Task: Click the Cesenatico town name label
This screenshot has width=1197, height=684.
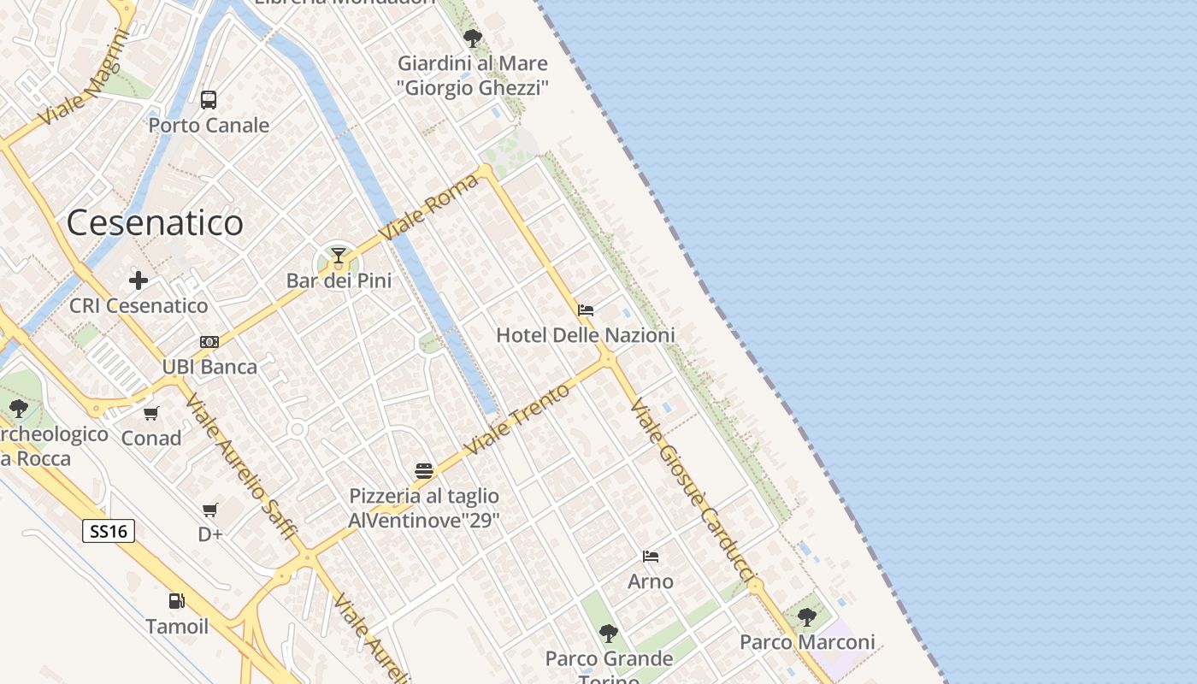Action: click(x=155, y=223)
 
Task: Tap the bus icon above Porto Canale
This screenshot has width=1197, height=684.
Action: click(x=209, y=100)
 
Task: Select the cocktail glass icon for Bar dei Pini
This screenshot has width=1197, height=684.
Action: click(x=339, y=255)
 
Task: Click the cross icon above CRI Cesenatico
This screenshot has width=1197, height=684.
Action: click(x=139, y=280)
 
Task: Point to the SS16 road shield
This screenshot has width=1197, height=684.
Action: click(x=109, y=531)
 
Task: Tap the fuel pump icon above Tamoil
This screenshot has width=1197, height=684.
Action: click(x=176, y=601)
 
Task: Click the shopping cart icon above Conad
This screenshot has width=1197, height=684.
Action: click(x=151, y=414)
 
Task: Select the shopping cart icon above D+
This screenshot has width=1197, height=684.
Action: click(x=209, y=510)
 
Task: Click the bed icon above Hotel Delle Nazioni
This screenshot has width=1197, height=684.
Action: click(x=586, y=310)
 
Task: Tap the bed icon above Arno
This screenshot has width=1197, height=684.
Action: click(x=651, y=557)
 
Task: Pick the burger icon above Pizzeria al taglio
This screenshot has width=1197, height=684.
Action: click(x=424, y=470)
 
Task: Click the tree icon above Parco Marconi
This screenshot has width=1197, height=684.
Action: click(x=806, y=616)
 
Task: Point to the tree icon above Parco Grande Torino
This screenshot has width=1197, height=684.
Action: click(x=609, y=634)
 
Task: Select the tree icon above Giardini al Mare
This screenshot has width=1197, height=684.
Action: click(x=472, y=38)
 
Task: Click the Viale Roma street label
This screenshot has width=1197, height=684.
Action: click(x=429, y=208)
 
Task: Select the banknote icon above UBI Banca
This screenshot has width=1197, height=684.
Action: click(x=209, y=342)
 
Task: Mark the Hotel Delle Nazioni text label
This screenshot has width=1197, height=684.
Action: click(x=586, y=335)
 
